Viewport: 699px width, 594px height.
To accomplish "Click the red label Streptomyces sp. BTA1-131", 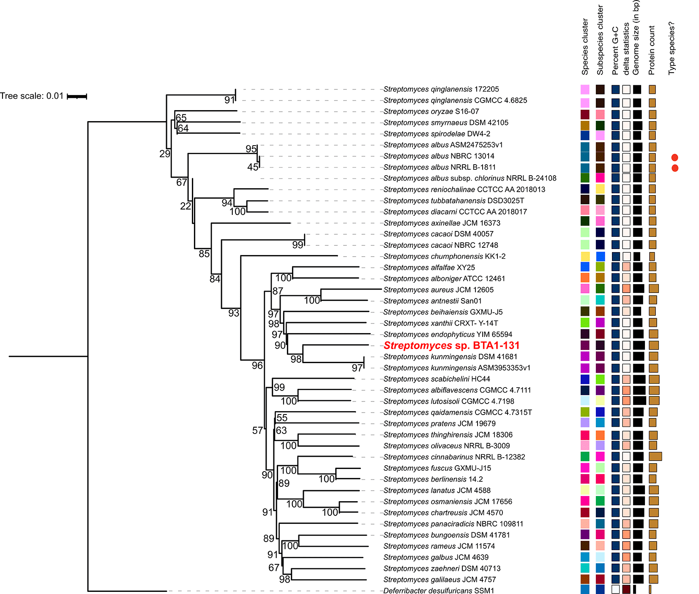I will (x=451, y=346).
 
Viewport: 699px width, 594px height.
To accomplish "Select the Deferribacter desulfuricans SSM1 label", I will (x=438, y=591).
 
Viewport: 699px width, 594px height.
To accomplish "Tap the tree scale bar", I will (x=77, y=97).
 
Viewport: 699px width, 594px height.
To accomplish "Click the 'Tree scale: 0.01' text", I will (x=32, y=96).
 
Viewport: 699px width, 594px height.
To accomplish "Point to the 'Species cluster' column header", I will (x=585, y=47).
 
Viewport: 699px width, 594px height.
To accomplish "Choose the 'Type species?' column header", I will (x=672, y=49).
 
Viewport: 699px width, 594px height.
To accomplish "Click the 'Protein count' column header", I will (x=652, y=50).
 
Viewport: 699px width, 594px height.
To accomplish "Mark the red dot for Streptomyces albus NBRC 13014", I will (x=675, y=157).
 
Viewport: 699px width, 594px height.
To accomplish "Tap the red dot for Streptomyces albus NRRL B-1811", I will (x=675, y=168).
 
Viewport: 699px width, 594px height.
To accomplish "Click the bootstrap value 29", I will (x=165, y=154).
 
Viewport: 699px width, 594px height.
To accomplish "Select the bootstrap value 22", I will (x=186, y=206).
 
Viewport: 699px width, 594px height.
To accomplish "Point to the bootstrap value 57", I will (x=257, y=431).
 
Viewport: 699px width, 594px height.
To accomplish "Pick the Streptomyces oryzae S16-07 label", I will (x=431, y=111).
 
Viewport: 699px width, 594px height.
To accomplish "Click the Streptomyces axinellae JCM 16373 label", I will (x=442, y=223).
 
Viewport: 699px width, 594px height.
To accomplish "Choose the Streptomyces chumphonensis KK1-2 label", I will (x=444, y=256).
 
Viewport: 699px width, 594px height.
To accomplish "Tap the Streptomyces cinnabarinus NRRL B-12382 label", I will (x=454, y=457).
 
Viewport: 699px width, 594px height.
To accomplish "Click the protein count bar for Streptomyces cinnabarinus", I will (x=655, y=456).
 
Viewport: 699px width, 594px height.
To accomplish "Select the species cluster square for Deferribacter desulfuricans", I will (x=585, y=589).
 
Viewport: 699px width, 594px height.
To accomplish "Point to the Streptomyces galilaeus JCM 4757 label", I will (x=440, y=580).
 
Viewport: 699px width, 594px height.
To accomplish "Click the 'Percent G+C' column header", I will (x=615, y=51).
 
